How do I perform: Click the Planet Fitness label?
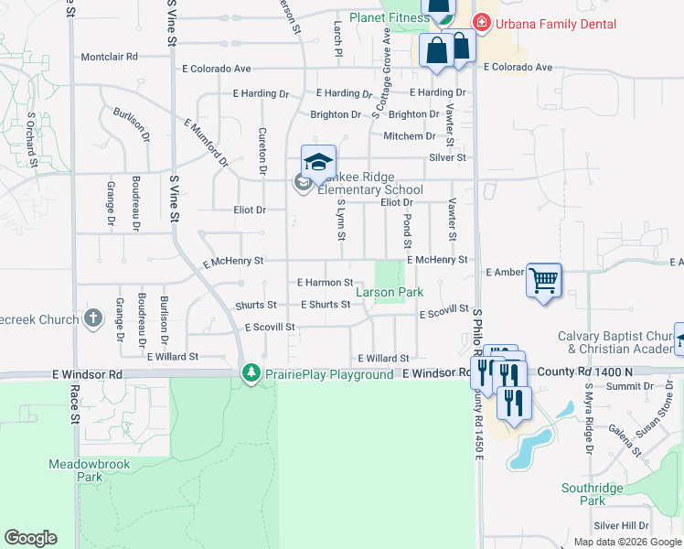click(x=375, y=21)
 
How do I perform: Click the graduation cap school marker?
click(x=318, y=163)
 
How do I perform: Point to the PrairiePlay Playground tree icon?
click(x=251, y=373)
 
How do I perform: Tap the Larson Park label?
click(x=389, y=293)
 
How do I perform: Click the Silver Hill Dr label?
click(x=621, y=525)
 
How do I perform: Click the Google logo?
click(x=30, y=538)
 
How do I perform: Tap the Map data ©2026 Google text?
click(x=626, y=542)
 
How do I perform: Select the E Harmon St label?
click(x=325, y=283)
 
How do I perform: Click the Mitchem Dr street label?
click(x=410, y=136)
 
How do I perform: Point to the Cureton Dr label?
click(x=262, y=151)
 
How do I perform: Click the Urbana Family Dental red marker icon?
click(x=479, y=22)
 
